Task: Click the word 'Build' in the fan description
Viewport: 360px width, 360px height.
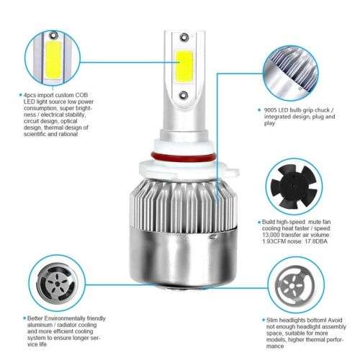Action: point(271,223)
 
